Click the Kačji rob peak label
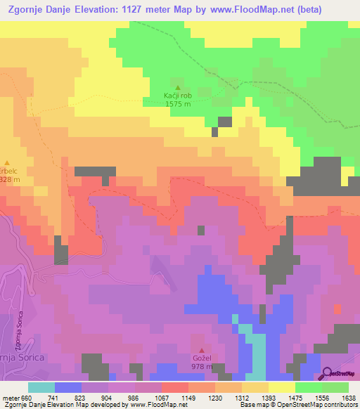coord(177,95)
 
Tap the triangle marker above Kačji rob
coord(177,87)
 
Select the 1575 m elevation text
coord(177,104)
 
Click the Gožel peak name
coord(203,358)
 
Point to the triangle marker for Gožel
coord(203,351)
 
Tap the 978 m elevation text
coord(203,367)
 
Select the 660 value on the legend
coord(27,397)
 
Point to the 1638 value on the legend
coord(348,397)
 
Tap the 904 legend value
coord(107,397)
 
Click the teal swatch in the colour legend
coord(41,387)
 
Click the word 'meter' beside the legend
coord(11,397)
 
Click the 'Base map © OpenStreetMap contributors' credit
coord(297,405)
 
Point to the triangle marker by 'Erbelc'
coord(8,162)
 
